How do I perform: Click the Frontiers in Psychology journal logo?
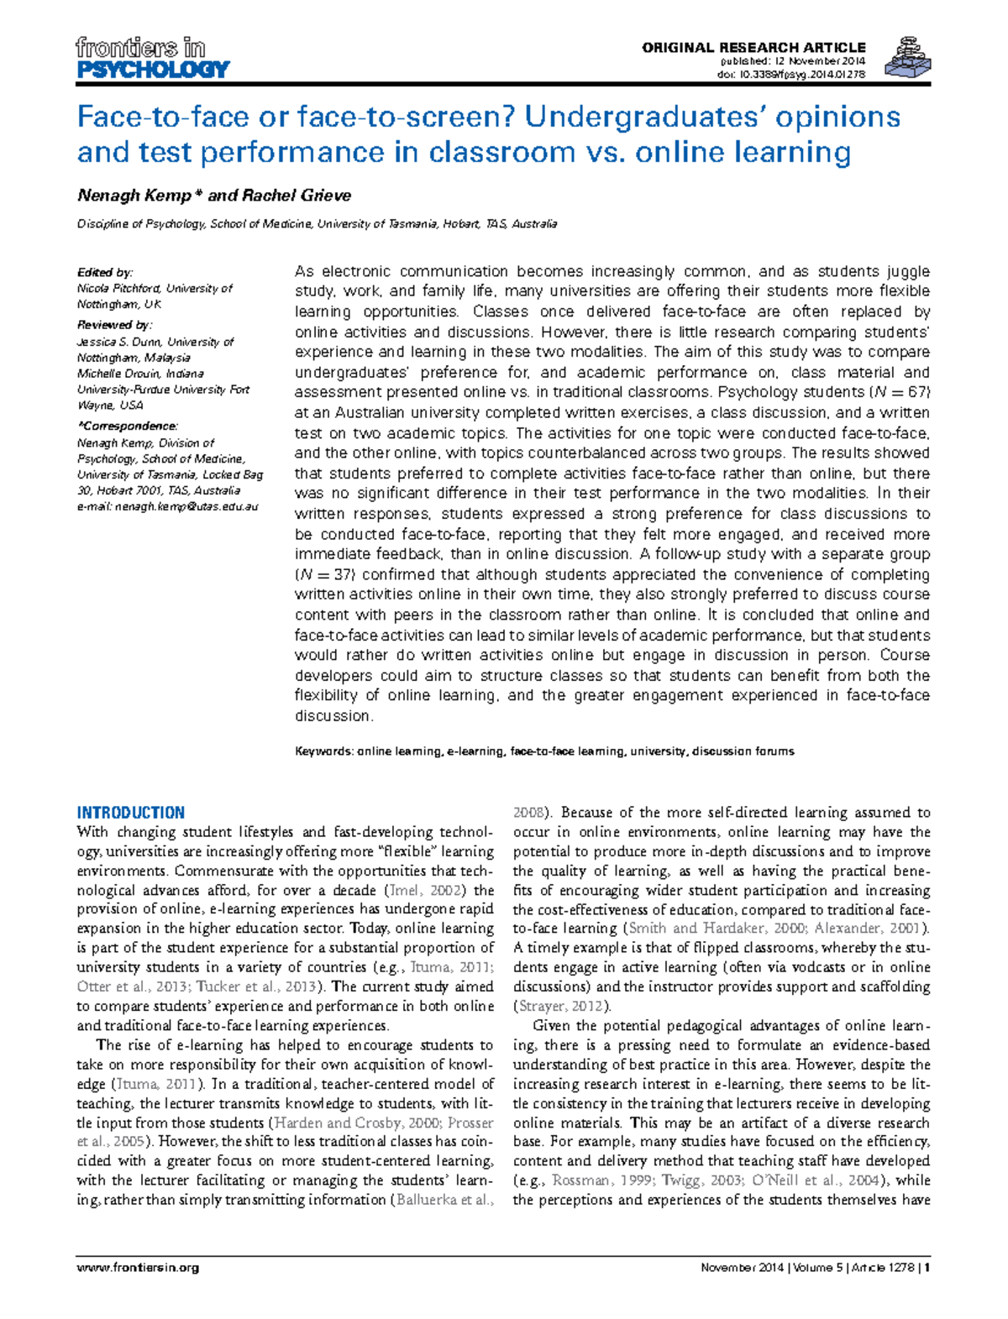point(152,57)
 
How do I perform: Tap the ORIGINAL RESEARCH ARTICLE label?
point(753,48)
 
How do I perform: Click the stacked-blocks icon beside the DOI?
point(909,58)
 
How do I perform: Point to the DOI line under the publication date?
point(790,74)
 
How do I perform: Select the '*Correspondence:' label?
point(127,427)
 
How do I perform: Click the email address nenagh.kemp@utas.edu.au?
point(186,507)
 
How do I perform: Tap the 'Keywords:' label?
point(323,751)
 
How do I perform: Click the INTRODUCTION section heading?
point(130,813)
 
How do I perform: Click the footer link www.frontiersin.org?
point(138,1268)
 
